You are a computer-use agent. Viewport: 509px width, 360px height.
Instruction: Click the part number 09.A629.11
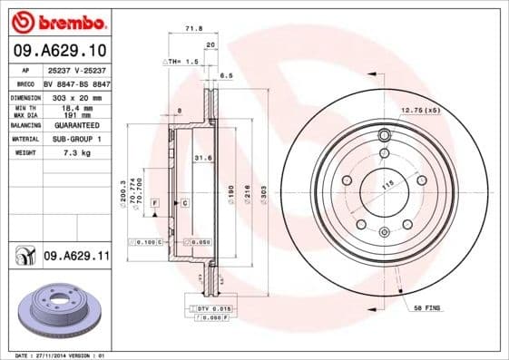[x=76, y=258]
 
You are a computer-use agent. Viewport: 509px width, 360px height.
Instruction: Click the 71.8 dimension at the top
[x=193, y=29]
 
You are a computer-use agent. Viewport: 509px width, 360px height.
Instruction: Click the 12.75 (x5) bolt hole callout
[x=420, y=110]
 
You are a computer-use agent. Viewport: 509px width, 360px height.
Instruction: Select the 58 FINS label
[x=426, y=309]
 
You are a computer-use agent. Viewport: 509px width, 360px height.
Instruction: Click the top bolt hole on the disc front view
[x=384, y=137]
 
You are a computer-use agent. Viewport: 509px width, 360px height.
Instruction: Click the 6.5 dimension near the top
[x=227, y=76]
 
